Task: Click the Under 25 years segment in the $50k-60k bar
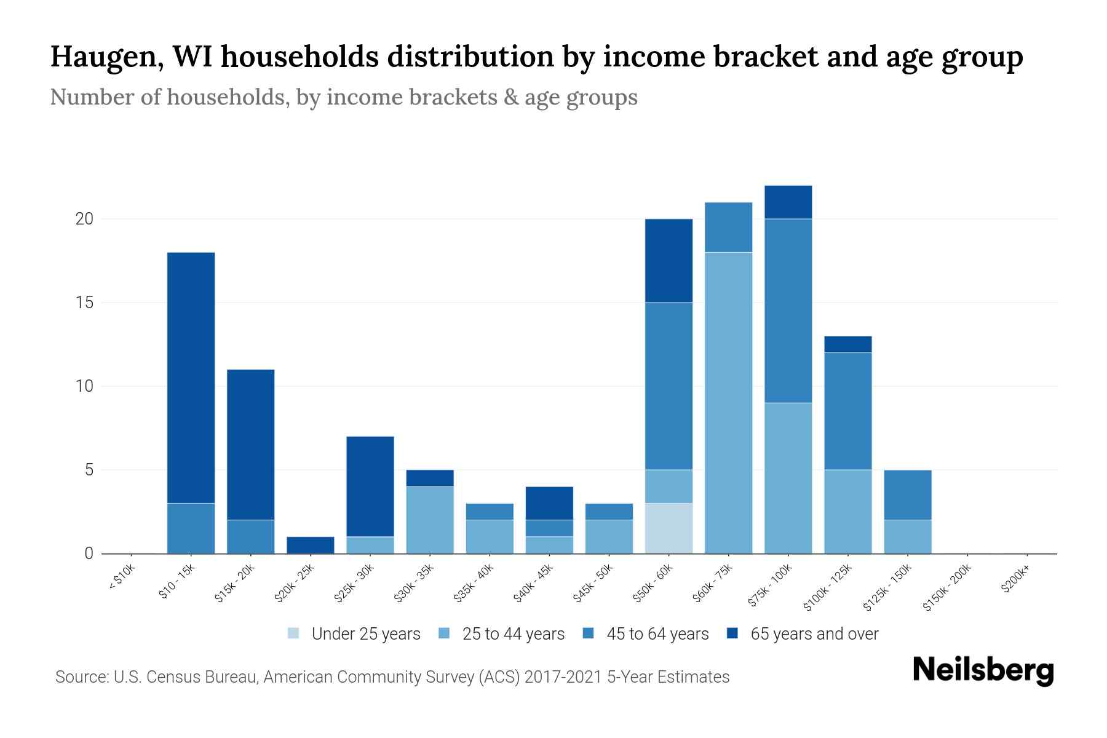(x=669, y=528)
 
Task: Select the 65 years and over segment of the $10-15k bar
(x=191, y=377)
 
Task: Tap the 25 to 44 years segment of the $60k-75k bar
(x=728, y=403)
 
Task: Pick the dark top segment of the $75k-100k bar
(x=788, y=202)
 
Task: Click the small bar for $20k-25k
(x=311, y=545)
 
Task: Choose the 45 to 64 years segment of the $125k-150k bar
(x=908, y=494)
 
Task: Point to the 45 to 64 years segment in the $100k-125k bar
(x=848, y=411)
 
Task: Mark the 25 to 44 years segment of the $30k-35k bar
(x=430, y=520)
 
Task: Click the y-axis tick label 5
(x=89, y=470)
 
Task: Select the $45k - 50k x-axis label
(x=593, y=583)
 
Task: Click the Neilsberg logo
(x=983, y=670)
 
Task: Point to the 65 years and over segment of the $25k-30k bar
(x=370, y=486)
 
